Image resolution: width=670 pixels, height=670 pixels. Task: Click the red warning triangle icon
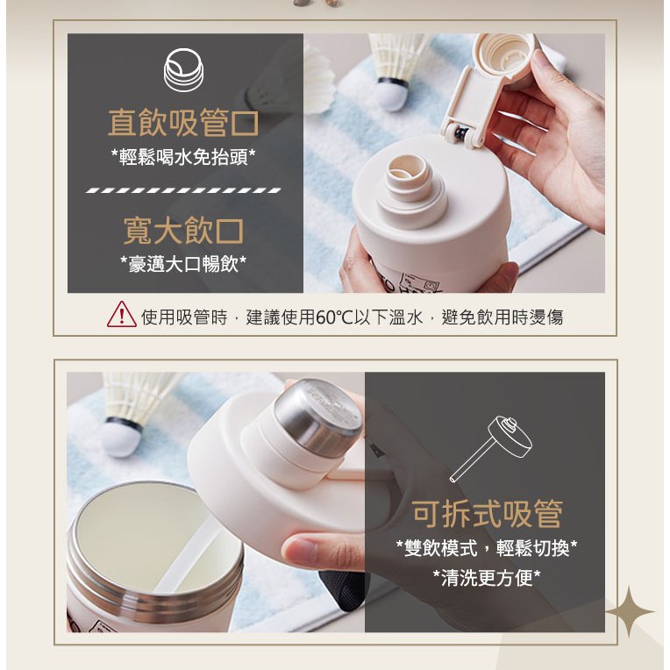[122, 315]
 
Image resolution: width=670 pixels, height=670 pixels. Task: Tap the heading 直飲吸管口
[183, 123]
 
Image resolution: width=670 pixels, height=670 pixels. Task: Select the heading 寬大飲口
[183, 231]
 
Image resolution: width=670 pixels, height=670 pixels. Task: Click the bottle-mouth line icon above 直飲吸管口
[184, 70]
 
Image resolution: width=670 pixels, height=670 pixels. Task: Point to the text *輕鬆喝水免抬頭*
[183, 158]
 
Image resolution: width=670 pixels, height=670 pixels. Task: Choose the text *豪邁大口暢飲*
[183, 264]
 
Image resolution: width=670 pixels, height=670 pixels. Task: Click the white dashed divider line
[183, 190]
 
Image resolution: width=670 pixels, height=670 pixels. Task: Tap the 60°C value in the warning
[335, 317]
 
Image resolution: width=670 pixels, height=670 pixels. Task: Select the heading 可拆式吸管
[487, 514]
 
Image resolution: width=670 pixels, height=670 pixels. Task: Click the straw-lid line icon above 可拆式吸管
[491, 449]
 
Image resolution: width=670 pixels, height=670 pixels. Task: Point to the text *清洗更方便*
[487, 578]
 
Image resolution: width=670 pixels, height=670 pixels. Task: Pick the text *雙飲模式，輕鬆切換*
[487, 548]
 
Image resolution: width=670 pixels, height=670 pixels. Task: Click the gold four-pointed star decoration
[630, 612]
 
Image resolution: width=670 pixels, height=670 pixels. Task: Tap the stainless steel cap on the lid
[317, 417]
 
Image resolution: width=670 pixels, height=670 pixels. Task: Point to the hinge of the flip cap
[465, 134]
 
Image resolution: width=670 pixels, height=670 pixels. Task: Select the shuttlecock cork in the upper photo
[394, 95]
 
